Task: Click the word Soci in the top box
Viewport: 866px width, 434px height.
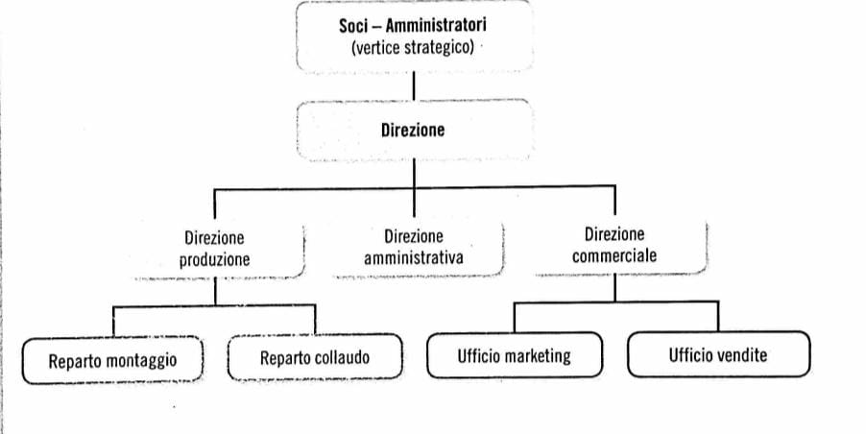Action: pos(353,26)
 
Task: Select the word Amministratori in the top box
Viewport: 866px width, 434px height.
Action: pos(436,25)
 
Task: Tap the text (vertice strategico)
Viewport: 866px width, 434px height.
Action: pos(413,47)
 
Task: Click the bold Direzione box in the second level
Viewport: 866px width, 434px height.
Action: pos(415,131)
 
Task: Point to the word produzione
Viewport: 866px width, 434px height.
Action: pos(214,259)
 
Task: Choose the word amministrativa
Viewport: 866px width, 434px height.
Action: pos(414,258)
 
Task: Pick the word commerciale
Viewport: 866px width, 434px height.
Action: pos(614,255)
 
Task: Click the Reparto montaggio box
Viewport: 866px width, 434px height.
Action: pos(112,360)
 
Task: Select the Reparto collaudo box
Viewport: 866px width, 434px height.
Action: pos(315,357)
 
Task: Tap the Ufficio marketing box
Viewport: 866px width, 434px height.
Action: pos(515,355)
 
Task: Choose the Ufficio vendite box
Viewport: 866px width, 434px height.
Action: pos(718,354)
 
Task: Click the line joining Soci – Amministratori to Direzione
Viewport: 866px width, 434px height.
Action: pos(414,86)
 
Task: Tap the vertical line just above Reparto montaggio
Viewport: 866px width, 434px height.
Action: pos(113,322)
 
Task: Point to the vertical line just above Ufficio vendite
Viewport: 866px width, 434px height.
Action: pos(718,317)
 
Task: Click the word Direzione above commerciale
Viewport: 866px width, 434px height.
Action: pos(614,234)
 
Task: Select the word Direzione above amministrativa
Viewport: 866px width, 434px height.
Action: pos(414,237)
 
